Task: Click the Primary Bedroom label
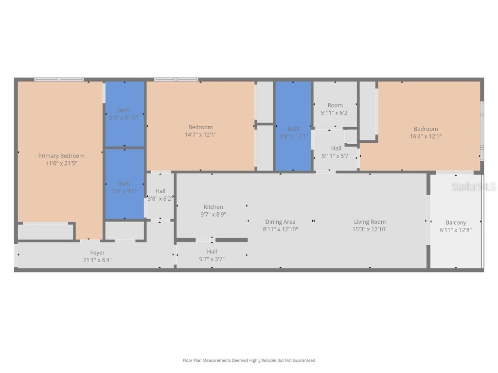pos(61,156)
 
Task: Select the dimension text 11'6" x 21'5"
pos(61,164)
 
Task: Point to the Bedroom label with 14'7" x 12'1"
pos(200,127)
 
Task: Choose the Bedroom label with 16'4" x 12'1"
pos(426,129)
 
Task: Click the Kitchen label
pos(213,207)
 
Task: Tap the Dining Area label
pos(280,222)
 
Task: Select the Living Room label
pos(370,222)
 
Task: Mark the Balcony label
pos(456,222)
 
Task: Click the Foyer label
pos(97,253)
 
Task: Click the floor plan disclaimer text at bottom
pos(249,360)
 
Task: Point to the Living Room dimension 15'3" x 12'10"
pos(370,229)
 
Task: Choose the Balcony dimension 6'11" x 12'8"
pos(456,230)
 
